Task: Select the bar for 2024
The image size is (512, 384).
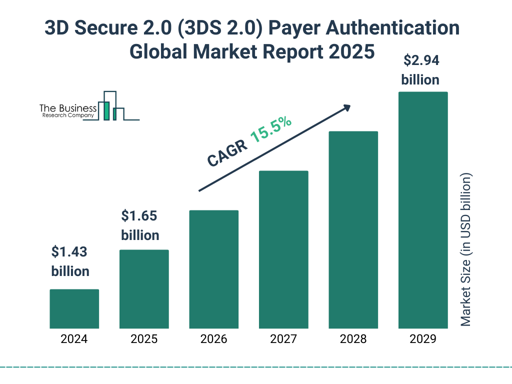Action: point(74,308)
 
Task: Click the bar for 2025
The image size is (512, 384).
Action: point(144,289)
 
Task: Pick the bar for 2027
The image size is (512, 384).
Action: point(283,249)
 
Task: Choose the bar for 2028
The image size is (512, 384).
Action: point(353,230)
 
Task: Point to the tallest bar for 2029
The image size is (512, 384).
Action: point(423,210)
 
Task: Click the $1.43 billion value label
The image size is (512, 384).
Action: point(70,261)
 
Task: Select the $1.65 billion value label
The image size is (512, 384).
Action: point(140,225)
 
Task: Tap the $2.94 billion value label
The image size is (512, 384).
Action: point(420,70)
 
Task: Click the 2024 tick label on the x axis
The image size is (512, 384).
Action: point(74,339)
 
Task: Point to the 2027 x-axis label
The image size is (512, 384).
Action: point(283,339)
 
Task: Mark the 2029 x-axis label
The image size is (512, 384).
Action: point(423,339)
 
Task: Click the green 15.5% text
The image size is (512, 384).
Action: point(271,129)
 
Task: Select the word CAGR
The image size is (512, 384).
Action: point(226,153)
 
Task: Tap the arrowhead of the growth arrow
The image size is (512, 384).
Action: point(346,107)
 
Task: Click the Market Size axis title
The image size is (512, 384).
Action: point(466,250)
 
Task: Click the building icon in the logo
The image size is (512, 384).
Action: point(111,106)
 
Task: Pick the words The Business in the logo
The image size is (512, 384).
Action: point(68,108)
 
